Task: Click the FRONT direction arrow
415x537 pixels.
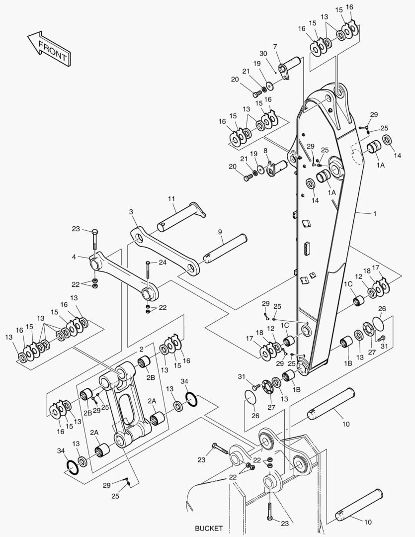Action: coord(49,48)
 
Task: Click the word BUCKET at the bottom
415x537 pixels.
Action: coord(209,528)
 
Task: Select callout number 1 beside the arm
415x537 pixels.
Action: coord(374,214)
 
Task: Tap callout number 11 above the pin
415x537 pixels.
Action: coord(171,199)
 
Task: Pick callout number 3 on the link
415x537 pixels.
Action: coord(131,212)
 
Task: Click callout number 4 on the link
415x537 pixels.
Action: coord(74,257)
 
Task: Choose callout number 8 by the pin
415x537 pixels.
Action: coord(265,150)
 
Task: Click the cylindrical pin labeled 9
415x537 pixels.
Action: coord(226,247)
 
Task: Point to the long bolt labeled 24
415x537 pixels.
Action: coord(147,274)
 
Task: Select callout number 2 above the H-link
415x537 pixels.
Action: coord(141,349)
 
